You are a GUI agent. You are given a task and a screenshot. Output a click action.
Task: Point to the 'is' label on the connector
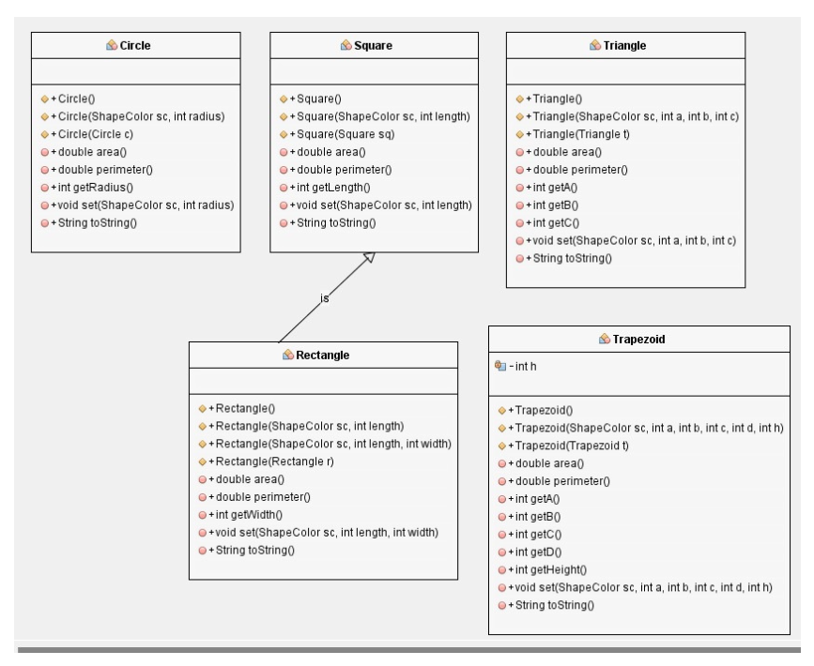[325, 298]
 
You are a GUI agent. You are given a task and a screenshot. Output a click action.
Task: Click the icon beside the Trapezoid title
[606, 338]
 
